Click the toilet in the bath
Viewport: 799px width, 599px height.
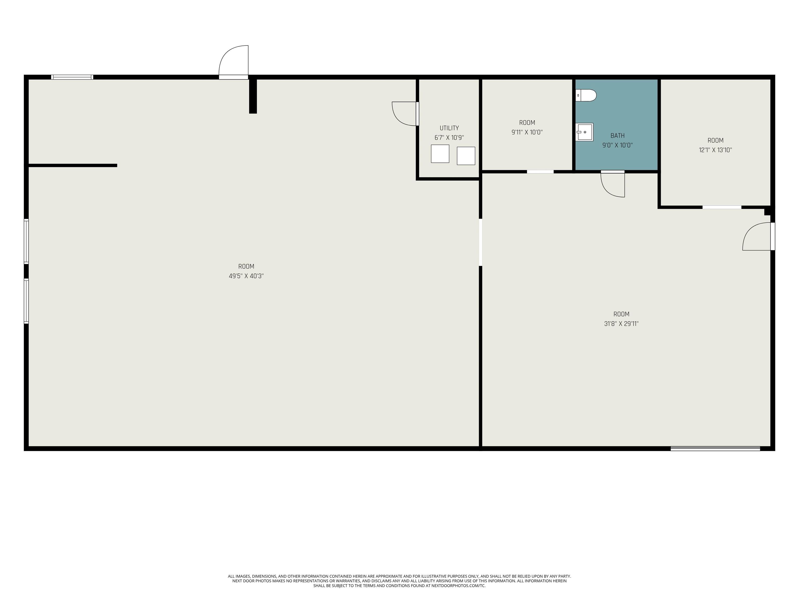click(x=585, y=95)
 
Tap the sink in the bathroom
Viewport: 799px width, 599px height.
click(x=584, y=132)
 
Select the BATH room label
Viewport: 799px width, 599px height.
click(x=617, y=136)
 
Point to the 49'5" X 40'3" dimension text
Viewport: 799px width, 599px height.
click(x=246, y=276)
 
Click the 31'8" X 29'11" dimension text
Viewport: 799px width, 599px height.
click(x=621, y=324)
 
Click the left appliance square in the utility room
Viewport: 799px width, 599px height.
click(x=440, y=154)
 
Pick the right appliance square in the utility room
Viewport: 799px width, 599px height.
click(x=466, y=156)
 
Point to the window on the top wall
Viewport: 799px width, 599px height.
click(x=72, y=77)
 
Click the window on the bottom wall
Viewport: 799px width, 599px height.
click(x=715, y=448)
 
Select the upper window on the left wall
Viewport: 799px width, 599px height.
click(x=26, y=241)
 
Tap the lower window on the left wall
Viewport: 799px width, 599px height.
click(x=26, y=301)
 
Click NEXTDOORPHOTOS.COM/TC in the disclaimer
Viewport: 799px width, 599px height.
click(x=458, y=586)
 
